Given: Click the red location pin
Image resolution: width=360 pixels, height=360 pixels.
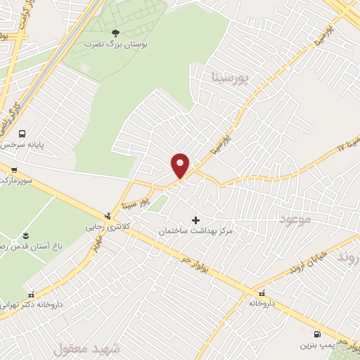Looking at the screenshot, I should click(x=181, y=165).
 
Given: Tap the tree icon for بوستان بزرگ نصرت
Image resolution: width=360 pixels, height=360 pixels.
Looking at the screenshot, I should click(x=116, y=32).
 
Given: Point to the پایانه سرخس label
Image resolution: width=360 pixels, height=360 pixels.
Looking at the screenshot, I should click(x=21, y=146).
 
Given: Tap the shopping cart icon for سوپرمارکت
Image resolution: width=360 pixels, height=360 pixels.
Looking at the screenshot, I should click(x=13, y=169).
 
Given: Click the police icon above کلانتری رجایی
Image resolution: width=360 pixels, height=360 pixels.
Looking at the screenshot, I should click(x=107, y=216).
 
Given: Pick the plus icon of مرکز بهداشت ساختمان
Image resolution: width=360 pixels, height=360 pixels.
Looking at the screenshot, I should click(x=195, y=220).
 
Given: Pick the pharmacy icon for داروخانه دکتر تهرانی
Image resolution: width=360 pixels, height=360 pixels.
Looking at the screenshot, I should click(x=30, y=295).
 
